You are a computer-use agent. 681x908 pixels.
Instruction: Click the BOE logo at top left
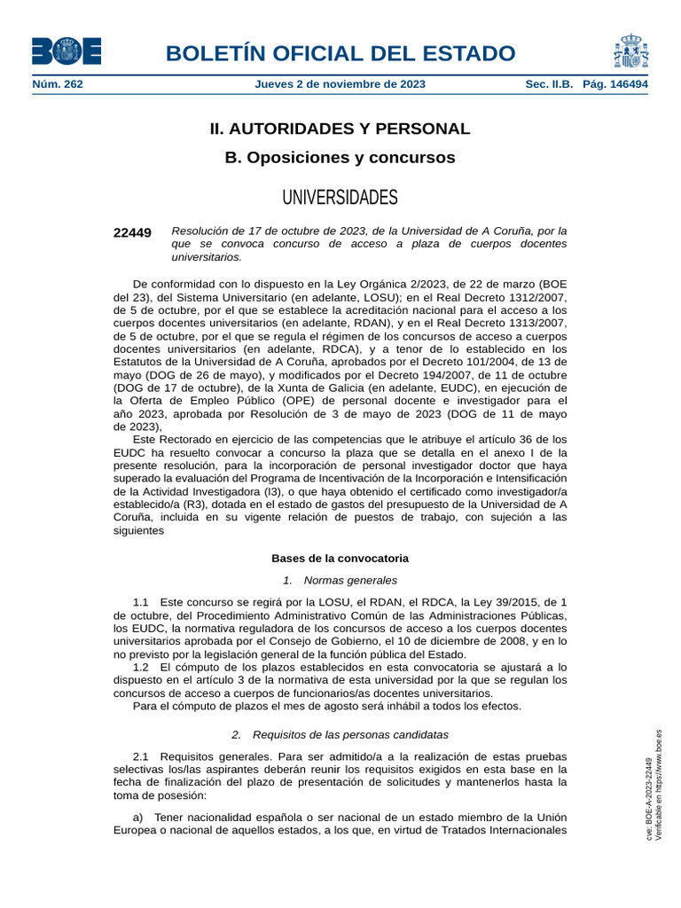67,51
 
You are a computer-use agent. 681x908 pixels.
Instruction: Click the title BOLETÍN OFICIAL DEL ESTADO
340,53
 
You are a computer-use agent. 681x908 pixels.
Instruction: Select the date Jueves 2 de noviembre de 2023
340,84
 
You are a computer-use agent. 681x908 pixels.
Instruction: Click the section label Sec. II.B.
550,84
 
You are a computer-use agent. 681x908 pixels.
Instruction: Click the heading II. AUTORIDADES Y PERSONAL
340,129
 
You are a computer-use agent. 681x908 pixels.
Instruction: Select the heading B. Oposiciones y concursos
340,158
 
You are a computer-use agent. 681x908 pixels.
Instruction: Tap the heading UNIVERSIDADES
340,197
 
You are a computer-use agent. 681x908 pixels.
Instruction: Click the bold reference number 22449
132,232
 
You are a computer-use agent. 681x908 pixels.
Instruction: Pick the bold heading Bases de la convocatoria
340,559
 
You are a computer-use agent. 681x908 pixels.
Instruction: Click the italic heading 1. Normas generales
340,580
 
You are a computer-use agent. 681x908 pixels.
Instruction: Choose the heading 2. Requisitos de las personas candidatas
340,734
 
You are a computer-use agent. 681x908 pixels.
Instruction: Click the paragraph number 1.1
140,602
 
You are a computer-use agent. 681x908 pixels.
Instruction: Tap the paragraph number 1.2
140,666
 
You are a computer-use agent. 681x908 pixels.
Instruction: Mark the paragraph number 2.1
140,756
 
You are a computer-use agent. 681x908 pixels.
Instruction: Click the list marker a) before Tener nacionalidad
137,817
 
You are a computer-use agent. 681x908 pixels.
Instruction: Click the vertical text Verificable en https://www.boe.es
659,784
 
